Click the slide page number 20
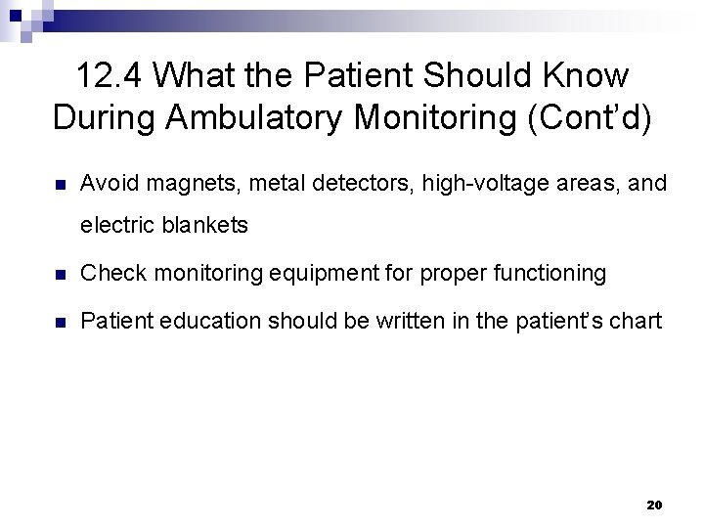click(655, 506)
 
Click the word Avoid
click(106, 183)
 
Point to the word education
click(198, 321)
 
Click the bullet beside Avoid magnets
click(59, 183)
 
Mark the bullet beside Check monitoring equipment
click(59, 274)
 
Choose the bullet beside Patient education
click(59, 321)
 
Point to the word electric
click(112, 225)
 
